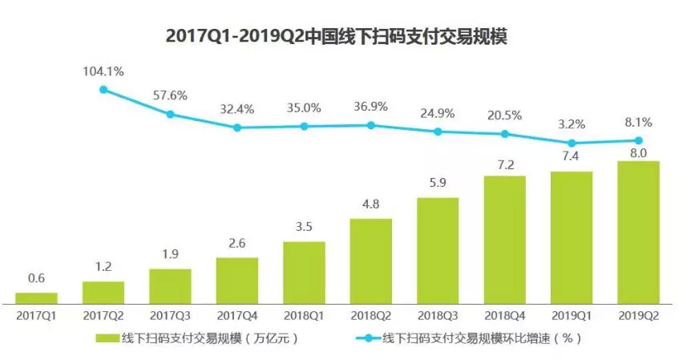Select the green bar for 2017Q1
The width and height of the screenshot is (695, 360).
36,297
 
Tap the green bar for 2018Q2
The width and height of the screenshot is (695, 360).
370,260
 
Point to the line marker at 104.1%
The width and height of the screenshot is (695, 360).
103,90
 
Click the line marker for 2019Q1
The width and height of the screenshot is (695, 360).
572,143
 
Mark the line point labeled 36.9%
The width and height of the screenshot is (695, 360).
370,125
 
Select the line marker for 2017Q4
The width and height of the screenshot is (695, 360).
237,127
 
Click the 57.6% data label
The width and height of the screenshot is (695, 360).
170,95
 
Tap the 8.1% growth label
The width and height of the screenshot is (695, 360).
638,123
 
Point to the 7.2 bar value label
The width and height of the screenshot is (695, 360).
504,164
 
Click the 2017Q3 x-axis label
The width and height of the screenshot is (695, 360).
170,316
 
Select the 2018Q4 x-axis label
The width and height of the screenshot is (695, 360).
504,316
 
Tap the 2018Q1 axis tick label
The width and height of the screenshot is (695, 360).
304,316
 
